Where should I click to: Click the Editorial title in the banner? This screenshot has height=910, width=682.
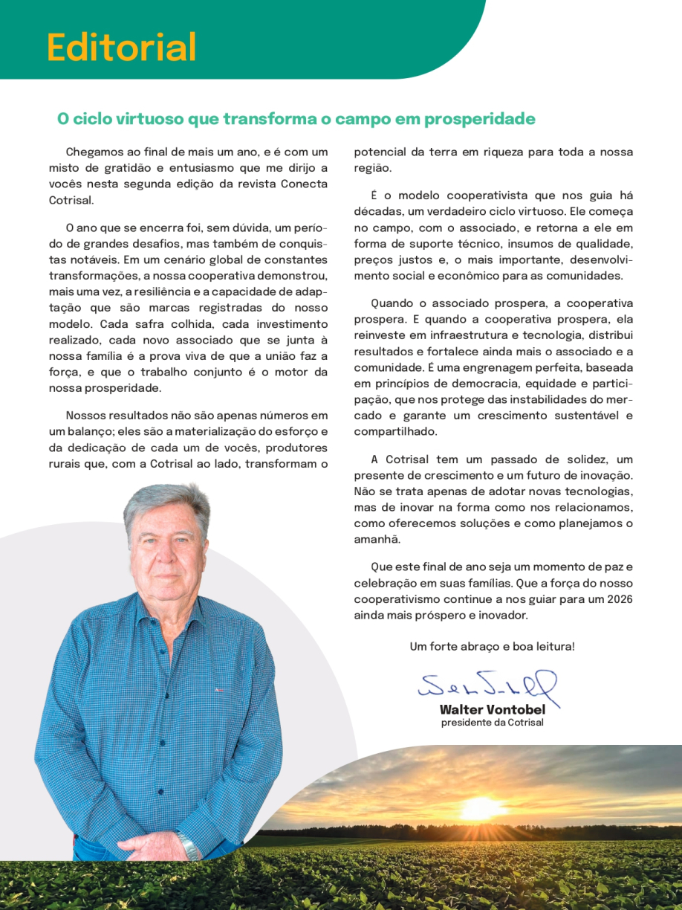121,48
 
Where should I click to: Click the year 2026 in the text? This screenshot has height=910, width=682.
617,599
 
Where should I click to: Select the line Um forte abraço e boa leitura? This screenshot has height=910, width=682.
492,647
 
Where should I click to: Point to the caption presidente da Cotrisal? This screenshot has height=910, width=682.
492,723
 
